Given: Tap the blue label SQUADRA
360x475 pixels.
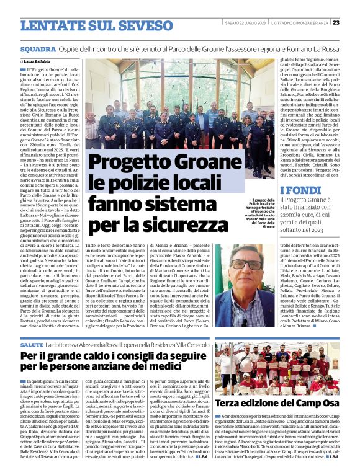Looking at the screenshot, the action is pyautogui.click(x=37, y=48).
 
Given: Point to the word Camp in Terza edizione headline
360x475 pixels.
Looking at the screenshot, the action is pyautogui.click(x=308, y=404).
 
